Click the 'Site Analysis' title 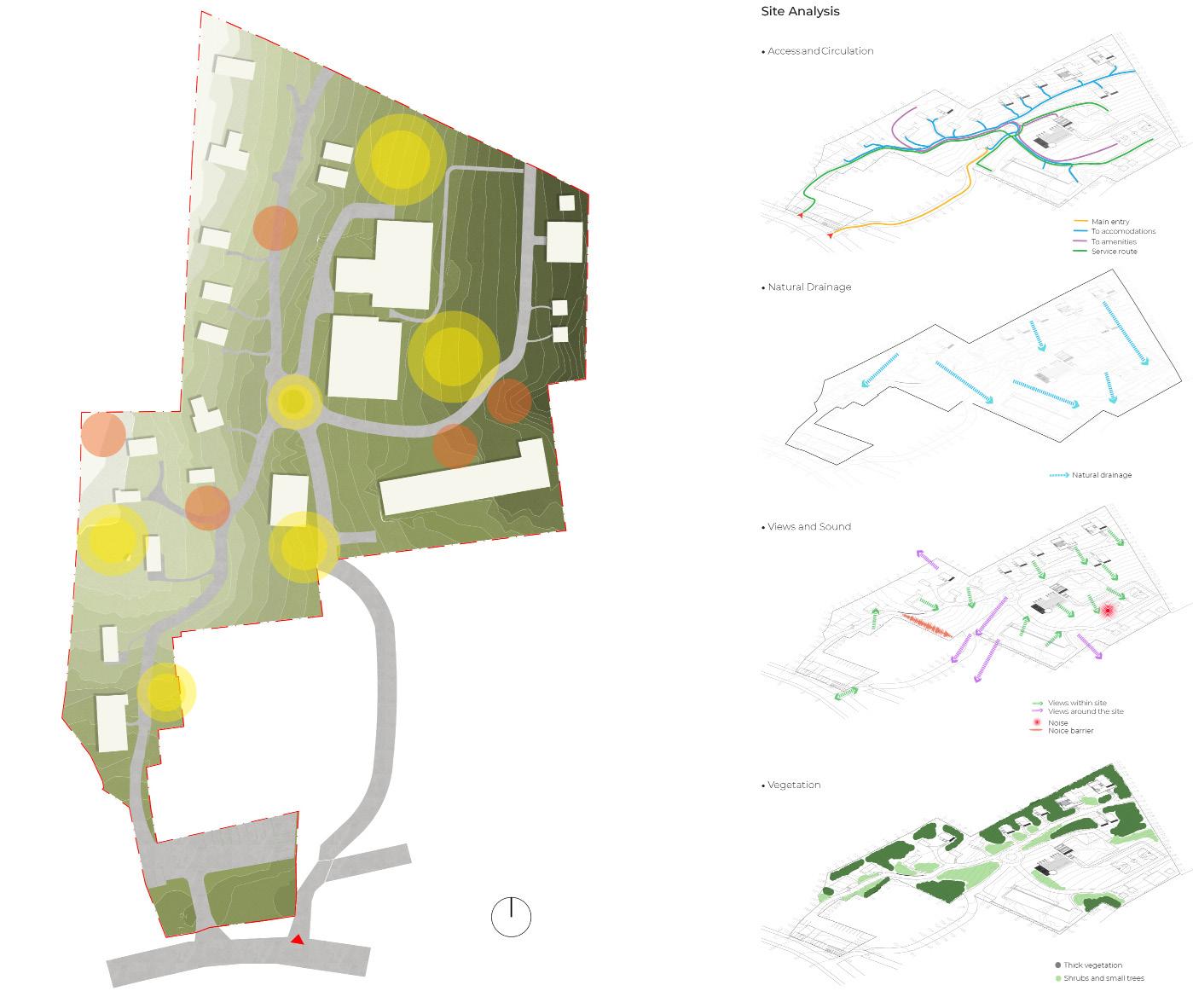pos(800,11)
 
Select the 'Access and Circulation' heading pos(819,51)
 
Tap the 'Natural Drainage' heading pos(808,287)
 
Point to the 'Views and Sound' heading pos(808,527)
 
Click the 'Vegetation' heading pos(793,785)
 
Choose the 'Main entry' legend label pos(1110,222)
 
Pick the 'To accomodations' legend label pos(1123,231)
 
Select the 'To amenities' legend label pos(1114,241)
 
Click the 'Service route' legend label pos(1114,252)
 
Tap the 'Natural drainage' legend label pos(1102,475)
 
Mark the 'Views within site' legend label pos(1077,704)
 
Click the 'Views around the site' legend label pos(1086,711)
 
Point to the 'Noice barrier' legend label pos(1070,731)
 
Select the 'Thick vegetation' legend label pos(1092,965)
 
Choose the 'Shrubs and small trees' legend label pos(1103,978)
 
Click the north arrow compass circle pos(511,917)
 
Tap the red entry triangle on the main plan pos(297,939)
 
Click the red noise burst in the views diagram pos(1108,611)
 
